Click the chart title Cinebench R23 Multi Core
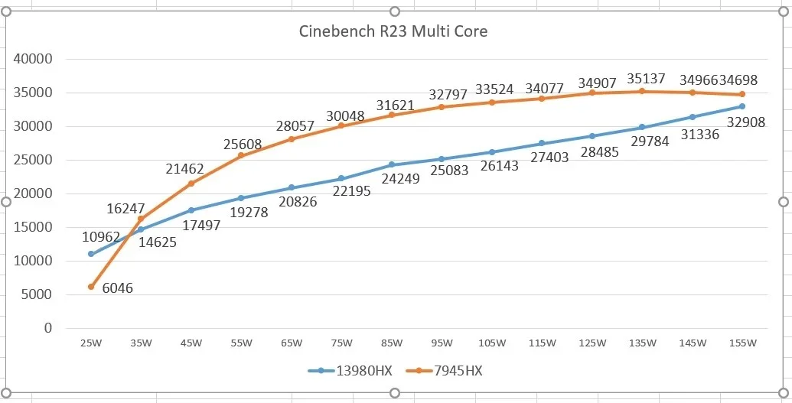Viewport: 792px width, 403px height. [392, 32]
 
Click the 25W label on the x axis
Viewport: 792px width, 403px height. [90, 343]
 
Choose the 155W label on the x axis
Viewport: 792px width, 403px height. [742, 343]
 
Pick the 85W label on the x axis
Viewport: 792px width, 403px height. [391, 343]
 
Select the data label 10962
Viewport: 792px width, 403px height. [102, 237]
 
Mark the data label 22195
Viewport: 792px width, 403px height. [352, 191]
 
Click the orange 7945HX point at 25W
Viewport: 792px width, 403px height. [91, 287]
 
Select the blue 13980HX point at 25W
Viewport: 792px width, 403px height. [91, 254]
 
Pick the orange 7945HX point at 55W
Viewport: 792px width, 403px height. [241, 155]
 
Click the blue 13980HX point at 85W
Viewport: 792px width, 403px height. [391, 164]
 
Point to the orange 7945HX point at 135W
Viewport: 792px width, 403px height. [642, 91]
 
